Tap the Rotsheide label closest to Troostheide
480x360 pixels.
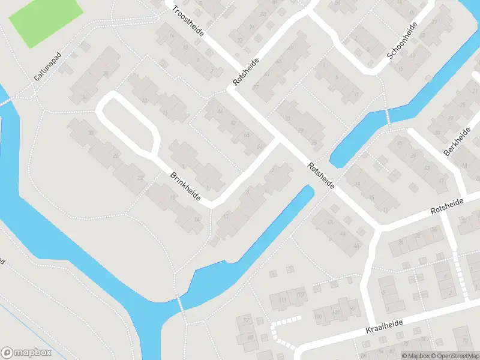[247, 71]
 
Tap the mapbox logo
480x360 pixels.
[26, 353]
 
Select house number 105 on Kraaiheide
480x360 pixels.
[318, 316]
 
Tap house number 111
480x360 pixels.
[282, 299]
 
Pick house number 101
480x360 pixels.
[337, 313]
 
